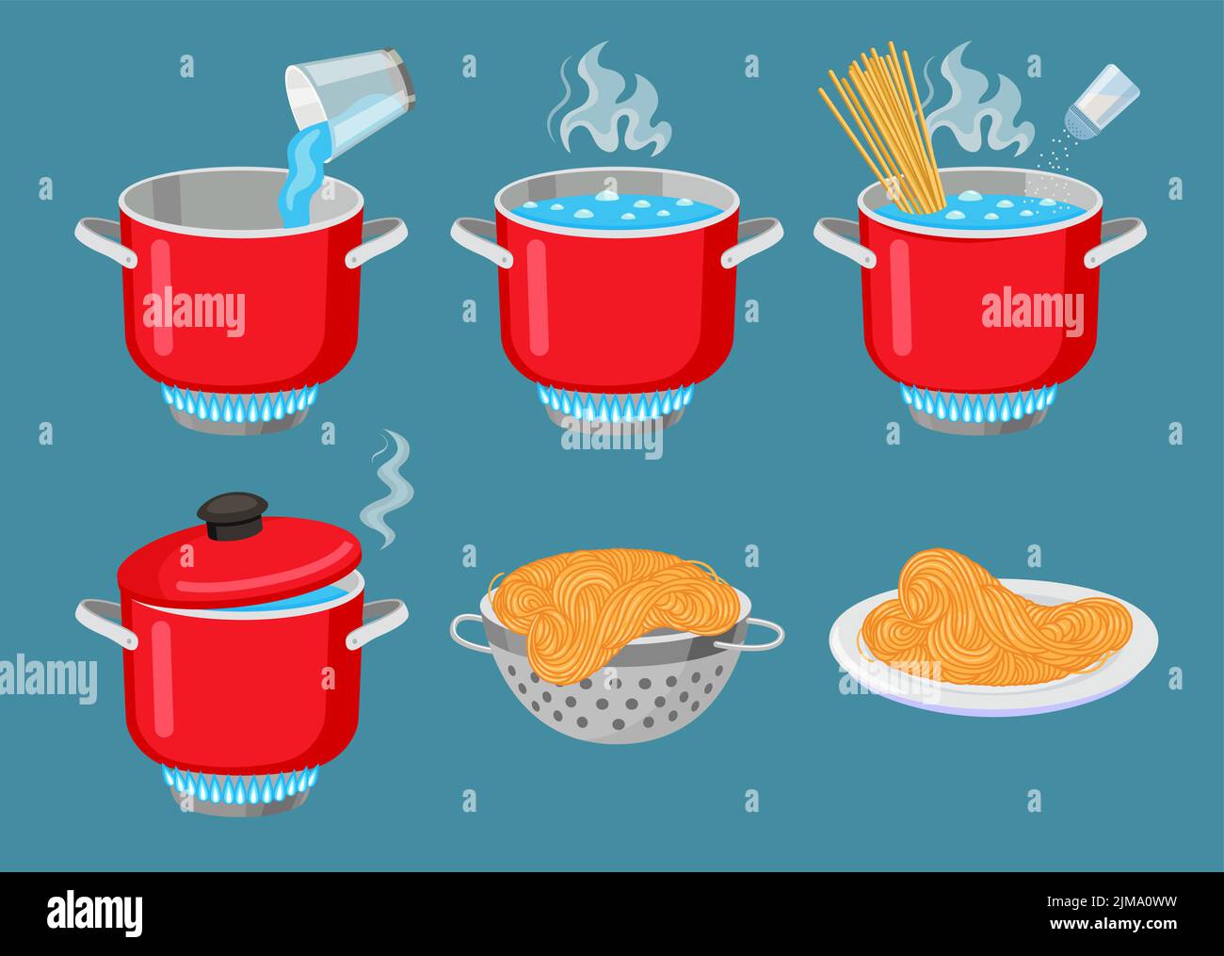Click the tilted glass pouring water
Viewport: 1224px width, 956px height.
click(x=350, y=97)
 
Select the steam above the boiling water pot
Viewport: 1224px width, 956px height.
click(x=607, y=104)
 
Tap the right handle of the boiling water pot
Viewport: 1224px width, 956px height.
click(x=753, y=240)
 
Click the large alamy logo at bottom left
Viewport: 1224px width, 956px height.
click(x=94, y=913)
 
